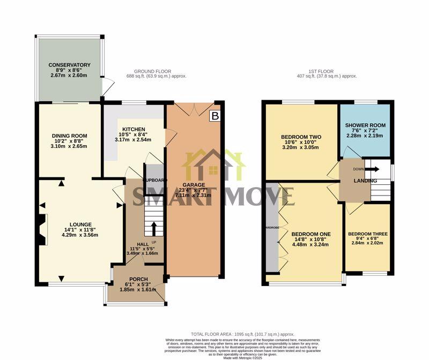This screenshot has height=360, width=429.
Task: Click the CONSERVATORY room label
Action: pyautogui.click(x=69, y=65)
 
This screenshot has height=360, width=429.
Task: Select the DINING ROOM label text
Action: pyautogui.click(x=69, y=136)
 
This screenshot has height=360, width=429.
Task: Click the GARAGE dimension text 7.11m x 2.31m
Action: pyautogui.click(x=197, y=196)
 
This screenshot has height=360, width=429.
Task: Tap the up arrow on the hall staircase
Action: pyautogui.click(x=154, y=229)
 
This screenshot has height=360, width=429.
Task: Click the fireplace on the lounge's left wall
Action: pyautogui.click(x=42, y=230)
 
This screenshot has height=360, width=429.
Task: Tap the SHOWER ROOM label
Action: pyautogui.click(x=365, y=125)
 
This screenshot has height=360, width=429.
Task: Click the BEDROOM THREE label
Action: pyautogui.click(x=367, y=234)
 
